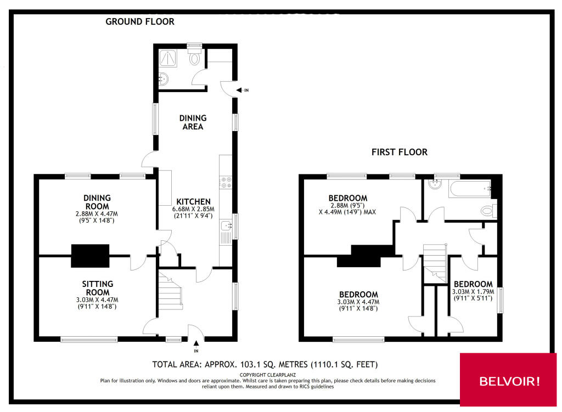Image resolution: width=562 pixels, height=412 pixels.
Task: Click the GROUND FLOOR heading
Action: [139, 22]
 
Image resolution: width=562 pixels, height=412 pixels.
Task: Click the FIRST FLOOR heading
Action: [399, 152]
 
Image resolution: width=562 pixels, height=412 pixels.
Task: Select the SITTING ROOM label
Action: [98, 287]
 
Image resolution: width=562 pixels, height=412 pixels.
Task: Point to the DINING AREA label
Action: [193, 122]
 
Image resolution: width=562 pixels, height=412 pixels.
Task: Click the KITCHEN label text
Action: [193, 201]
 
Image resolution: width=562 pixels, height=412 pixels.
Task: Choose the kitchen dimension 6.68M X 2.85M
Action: [193, 209]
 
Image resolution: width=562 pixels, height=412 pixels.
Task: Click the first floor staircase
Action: [436, 261]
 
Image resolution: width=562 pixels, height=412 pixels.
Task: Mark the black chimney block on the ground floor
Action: [90, 255]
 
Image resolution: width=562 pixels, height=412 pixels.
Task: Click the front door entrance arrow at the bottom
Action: [196, 343]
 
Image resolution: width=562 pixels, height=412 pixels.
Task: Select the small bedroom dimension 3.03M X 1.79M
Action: [473, 292]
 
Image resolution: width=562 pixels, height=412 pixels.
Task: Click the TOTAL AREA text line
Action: [265, 364]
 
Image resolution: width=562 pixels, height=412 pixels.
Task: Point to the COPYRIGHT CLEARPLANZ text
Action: [265, 375]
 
